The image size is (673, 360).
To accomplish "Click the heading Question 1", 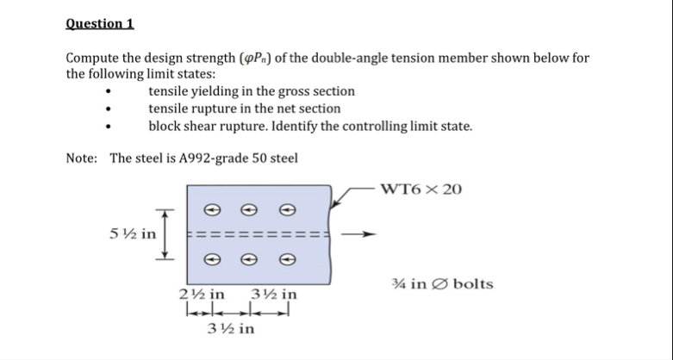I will coord(99,23).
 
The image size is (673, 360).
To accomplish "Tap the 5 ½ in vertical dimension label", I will coord(133,233).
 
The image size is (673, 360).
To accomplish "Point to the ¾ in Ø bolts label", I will coord(441,284).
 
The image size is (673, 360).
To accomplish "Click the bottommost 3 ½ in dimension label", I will coord(231,330).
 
